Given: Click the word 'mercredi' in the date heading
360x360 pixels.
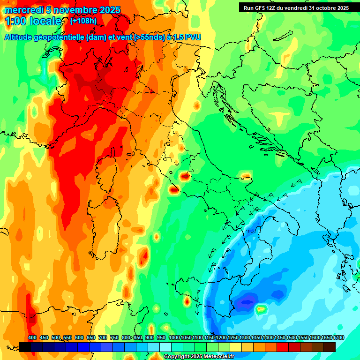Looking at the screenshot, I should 23,10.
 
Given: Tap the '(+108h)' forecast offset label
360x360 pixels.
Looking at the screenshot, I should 83,21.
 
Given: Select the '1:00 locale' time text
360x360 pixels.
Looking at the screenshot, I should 33,21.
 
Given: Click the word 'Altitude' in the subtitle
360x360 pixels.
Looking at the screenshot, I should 21,37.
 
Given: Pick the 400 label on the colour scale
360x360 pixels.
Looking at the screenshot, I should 32,338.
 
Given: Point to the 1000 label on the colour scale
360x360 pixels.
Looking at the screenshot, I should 174,338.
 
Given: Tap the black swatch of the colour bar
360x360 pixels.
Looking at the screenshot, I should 25,347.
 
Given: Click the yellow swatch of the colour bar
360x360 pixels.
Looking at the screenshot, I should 236,347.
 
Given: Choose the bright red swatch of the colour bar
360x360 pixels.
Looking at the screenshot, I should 283,347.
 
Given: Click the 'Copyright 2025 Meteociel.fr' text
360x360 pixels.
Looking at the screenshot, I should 199,357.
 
